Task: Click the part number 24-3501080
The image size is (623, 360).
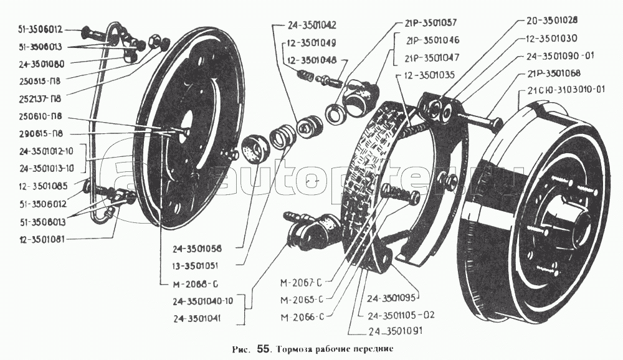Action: [46, 63]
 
